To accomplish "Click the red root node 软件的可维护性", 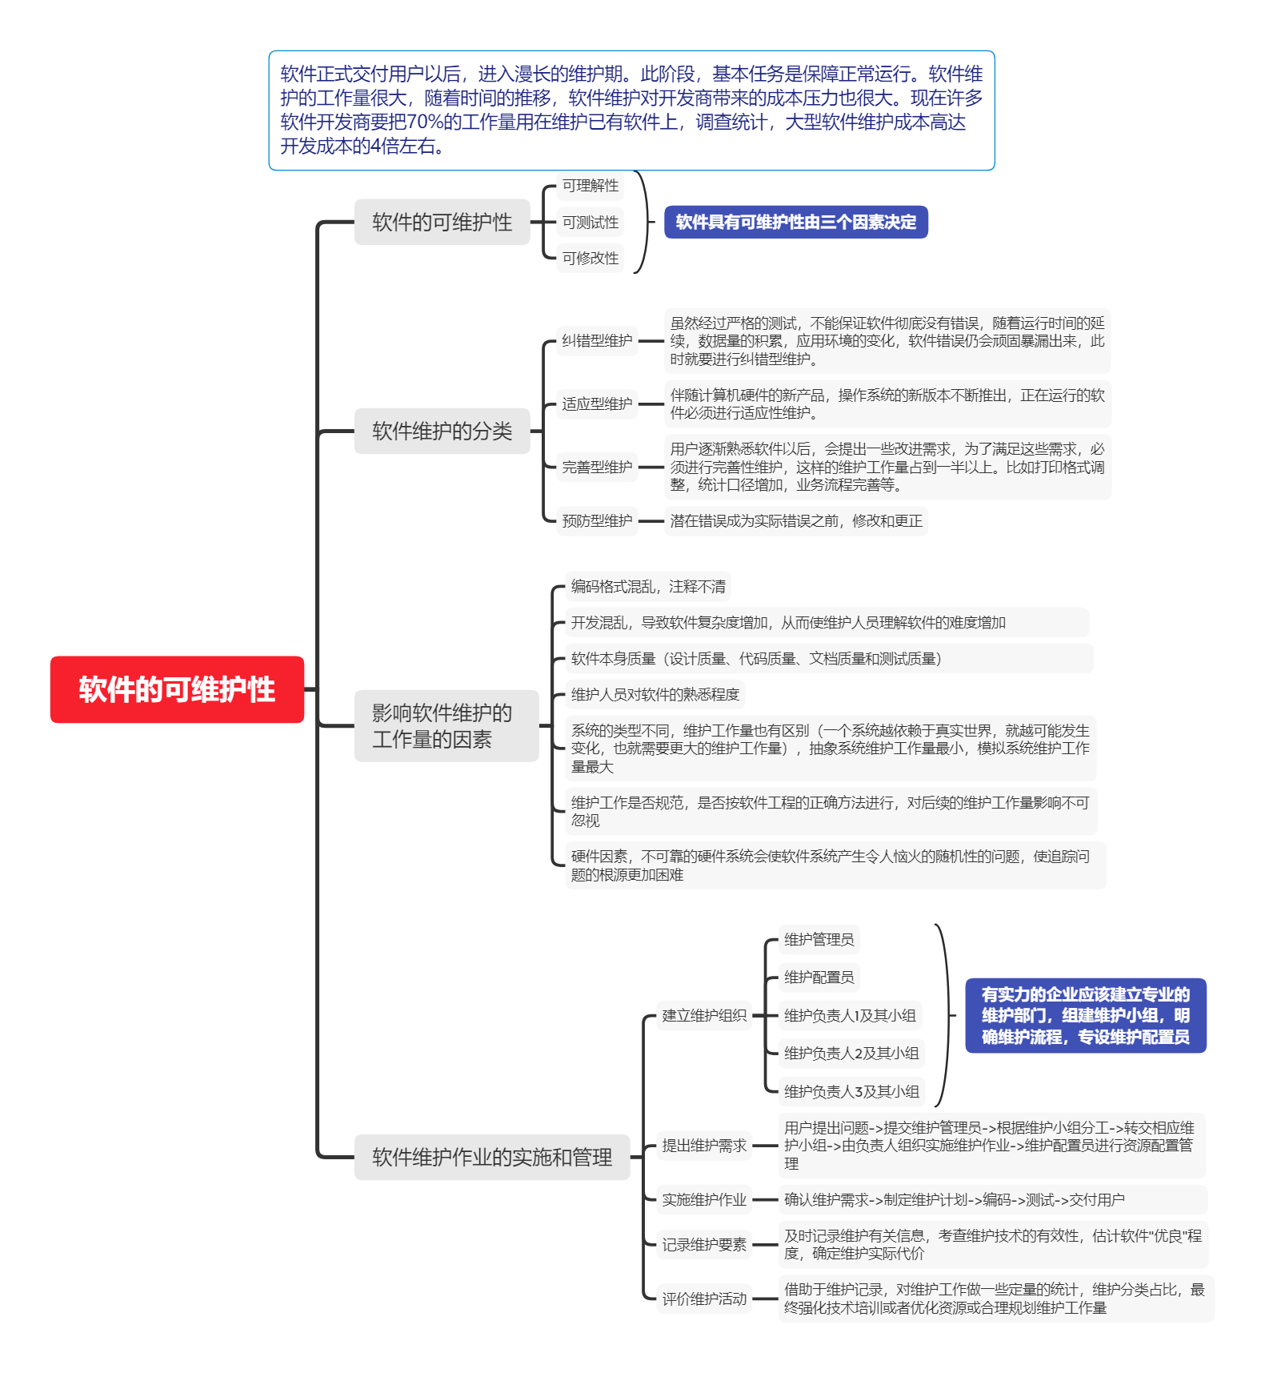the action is point(177,689).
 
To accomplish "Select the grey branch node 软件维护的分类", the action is point(442,432).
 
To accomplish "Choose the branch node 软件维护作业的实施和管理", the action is point(491,1157).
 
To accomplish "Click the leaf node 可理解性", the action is point(590,186).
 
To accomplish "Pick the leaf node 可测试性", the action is point(590,223).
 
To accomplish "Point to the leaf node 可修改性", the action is point(590,258).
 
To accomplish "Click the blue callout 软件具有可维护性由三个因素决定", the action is point(795,222).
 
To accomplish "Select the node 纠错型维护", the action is point(597,341).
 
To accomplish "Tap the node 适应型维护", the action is point(597,403).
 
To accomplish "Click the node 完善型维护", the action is point(597,467).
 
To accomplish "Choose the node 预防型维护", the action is point(597,521).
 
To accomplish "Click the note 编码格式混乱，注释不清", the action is point(648,587).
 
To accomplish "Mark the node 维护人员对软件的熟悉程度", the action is point(655,694).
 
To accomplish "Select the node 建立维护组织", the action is point(704,1015).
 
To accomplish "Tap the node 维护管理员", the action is point(819,939).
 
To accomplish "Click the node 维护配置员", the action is point(819,977).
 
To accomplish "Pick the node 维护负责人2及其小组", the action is point(851,1053).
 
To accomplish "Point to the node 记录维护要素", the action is point(704,1244).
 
